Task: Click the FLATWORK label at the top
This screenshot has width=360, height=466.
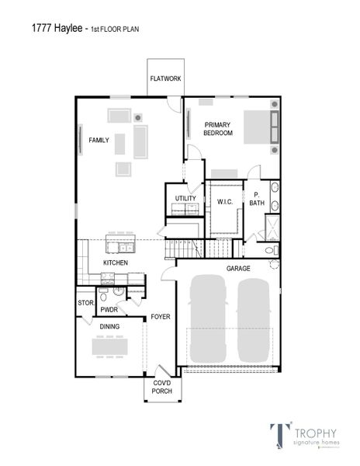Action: [165, 78]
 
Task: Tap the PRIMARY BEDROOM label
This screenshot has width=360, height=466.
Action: [218, 129]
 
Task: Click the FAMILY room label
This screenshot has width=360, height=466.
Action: [99, 140]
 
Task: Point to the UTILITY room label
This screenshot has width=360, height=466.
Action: [185, 199]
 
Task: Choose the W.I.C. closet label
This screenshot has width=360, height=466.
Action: [225, 202]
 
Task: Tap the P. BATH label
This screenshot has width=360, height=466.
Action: [256, 199]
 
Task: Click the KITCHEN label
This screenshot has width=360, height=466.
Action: [116, 263]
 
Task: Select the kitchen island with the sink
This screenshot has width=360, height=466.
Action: [121, 247]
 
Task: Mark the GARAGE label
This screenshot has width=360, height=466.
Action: [238, 269]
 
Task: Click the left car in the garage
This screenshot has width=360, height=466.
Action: [209, 319]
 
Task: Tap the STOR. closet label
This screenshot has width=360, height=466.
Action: [85, 303]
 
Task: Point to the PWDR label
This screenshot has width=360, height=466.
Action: [109, 310]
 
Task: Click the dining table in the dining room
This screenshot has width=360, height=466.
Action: [110, 346]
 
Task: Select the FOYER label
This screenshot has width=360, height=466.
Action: [161, 317]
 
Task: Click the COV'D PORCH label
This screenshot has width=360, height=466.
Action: [161, 388]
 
